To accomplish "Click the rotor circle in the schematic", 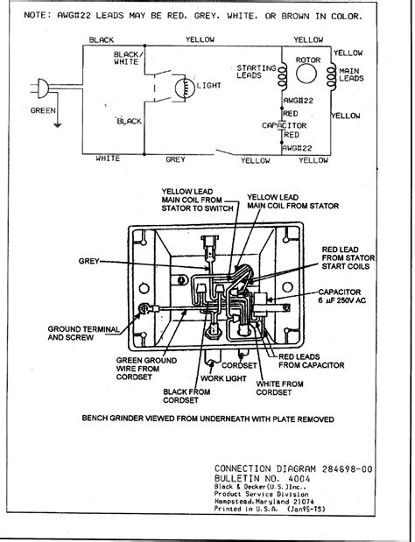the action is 306,74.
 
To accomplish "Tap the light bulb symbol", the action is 185,88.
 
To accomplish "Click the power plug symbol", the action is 41,88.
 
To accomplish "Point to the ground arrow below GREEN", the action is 58,125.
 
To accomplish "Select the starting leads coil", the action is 282,76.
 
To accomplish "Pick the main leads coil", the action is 331,76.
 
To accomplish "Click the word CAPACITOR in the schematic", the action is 284,125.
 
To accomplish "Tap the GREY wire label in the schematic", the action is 175,159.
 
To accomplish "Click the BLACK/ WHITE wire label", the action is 126,58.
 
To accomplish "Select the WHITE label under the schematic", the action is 108,158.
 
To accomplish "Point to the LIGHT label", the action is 208,86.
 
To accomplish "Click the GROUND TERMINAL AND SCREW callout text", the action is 83,334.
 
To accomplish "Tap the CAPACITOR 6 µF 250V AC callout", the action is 341,296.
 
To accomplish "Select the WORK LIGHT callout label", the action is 223,378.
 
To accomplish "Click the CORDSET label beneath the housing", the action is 239,365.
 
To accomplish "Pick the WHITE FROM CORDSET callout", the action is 279,388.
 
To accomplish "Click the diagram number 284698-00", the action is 348,469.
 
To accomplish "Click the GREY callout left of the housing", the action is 88,261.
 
